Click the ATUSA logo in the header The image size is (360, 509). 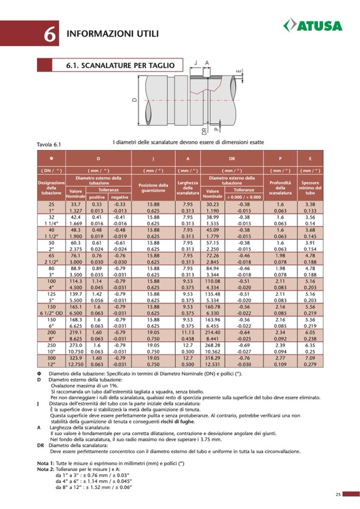coord(313,25)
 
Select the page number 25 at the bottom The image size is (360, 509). coord(338,495)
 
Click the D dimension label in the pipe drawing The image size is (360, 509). coord(135,99)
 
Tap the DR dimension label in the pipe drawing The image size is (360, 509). coord(203,131)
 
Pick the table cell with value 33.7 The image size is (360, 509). coord(75,204)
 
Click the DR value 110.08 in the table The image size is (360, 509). coord(212,281)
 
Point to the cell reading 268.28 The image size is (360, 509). coord(212,346)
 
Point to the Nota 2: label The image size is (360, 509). coord(45,469)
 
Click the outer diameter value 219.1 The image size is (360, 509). coord(75,333)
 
